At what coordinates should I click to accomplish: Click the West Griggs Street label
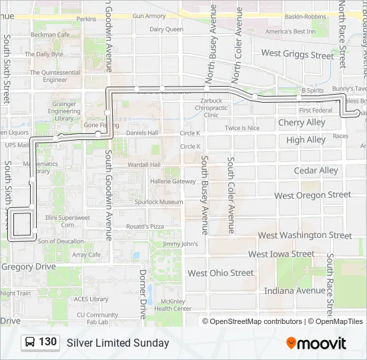pos(297,54)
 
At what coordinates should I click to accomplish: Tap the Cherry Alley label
pos(302,123)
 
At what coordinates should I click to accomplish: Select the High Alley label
pos(306,140)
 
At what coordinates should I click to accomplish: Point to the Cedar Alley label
pos(316,171)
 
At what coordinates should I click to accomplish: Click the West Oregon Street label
pos(312,195)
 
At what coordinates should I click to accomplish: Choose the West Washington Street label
pos(304,235)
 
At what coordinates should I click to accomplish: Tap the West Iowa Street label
pos(281,254)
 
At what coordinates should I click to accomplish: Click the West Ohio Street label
pos(220,273)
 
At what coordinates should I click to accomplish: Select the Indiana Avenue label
pos(294,291)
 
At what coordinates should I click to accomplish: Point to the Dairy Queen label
pos(166,29)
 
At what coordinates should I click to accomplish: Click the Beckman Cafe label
pos(50,35)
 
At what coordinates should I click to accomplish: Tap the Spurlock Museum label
pos(158,202)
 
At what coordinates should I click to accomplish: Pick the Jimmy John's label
pos(181,244)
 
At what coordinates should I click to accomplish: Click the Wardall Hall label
pos(145,165)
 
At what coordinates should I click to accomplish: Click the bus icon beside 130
pos(31,343)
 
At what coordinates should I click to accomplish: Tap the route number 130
pos(48,342)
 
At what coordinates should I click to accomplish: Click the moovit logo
pos(316,343)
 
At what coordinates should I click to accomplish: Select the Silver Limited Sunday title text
pos(117,343)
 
